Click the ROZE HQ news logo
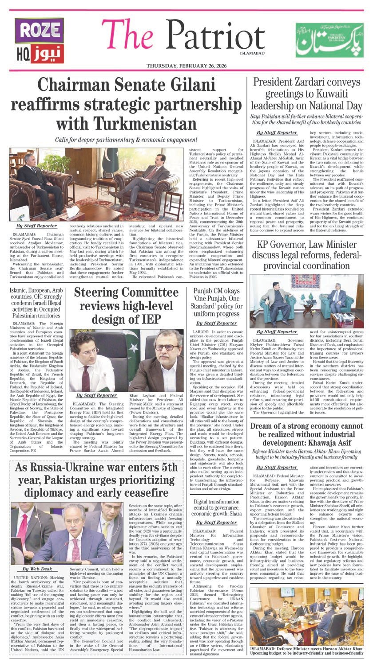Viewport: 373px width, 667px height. coord(34,41)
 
